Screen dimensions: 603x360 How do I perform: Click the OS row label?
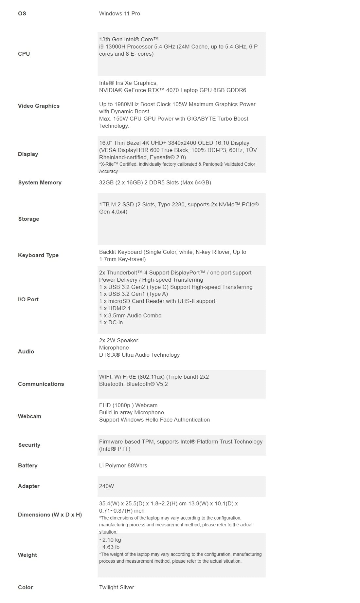coord(22,13)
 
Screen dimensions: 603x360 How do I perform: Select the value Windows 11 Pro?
coord(119,13)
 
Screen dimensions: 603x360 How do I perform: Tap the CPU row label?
coord(24,54)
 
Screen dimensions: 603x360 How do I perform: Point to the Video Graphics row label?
coord(39,106)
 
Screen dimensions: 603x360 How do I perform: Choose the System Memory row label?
coord(40,182)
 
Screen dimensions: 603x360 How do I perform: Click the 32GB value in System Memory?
coord(106,182)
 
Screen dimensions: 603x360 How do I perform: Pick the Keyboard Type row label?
coord(38,255)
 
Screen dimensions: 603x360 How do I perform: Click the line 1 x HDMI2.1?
coord(115,308)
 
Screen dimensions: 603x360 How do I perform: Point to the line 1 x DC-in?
coord(111,322)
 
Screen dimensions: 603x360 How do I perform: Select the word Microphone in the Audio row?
coord(114,348)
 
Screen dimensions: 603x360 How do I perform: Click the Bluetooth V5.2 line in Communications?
coord(133,384)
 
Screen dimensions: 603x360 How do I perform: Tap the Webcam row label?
coord(29,416)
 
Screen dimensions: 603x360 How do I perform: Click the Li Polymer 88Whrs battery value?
coord(123,465)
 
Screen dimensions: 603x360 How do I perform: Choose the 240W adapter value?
coord(106,486)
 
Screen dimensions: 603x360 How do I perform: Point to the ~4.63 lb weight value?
coord(109,547)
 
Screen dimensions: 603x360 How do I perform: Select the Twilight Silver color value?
coord(117,587)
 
